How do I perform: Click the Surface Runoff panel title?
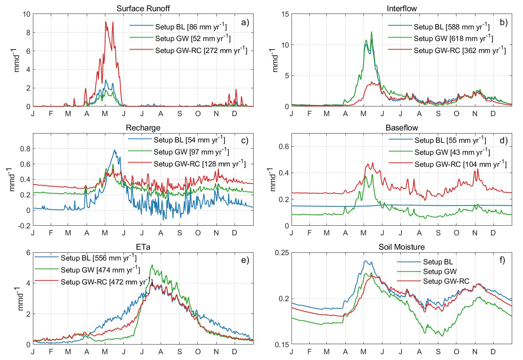tap(143, 9)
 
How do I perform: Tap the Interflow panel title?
tap(401, 9)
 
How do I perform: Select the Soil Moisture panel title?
tap(401, 247)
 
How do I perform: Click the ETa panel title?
tap(143, 247)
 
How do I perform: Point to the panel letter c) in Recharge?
tap(245, 141)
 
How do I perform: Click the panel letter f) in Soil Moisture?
tap(502, 260)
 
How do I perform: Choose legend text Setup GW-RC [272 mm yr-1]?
tap(201, 50)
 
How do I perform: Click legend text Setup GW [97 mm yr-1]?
tap(191, 152)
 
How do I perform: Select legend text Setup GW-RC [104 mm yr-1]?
tap(460, 164)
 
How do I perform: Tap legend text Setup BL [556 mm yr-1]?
tap(98, 258)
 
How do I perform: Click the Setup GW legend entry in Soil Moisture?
tap(440, 272)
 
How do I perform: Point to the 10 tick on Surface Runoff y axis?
tap(26, 14)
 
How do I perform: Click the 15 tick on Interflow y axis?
tap(285, 14)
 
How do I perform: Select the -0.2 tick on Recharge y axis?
tap(25, 226)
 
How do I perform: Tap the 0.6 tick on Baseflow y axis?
tap(284, 147)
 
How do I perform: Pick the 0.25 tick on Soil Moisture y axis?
tap(282, 253)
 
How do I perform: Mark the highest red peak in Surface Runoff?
tap(106, 22)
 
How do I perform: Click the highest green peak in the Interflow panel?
tap(371, 32)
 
